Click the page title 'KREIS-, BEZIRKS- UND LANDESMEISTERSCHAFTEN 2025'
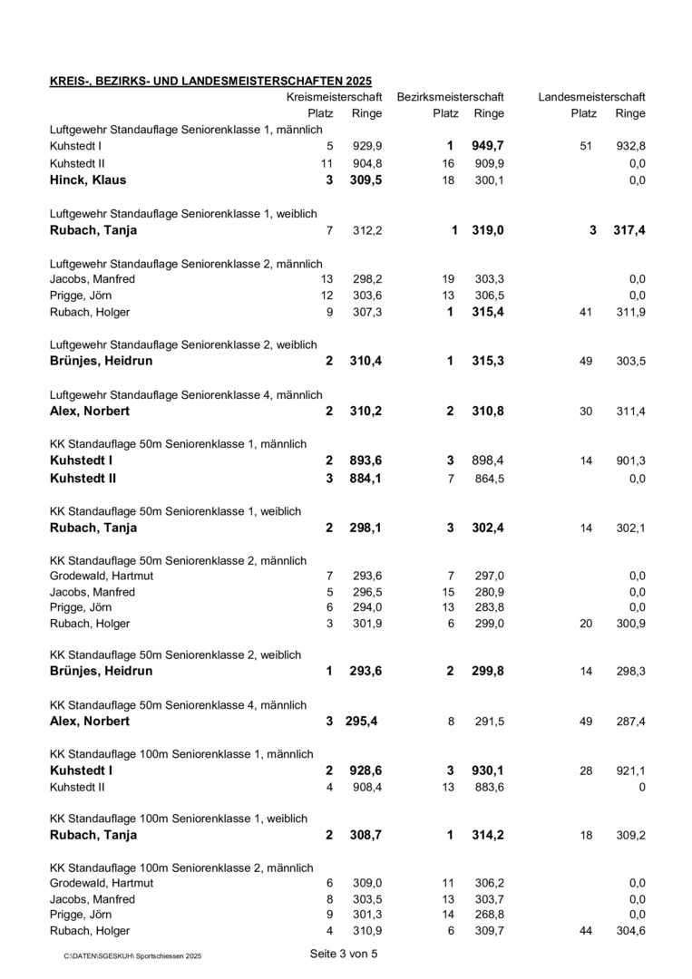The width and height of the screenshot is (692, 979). tap(210, 82)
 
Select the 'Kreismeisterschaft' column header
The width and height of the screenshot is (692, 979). tap(334, 97)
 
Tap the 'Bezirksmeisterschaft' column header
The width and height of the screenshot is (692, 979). tap(450, 97)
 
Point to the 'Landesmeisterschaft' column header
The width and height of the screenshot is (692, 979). tap(591, 97)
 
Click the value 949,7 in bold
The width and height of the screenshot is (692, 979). tap(488, 146)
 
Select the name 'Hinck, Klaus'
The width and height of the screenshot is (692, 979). tap(87, 179)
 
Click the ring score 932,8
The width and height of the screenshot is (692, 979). tap(630, 146)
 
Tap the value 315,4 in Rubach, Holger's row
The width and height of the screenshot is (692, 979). tap(488, 312)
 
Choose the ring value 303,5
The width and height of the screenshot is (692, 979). tap(630, 361)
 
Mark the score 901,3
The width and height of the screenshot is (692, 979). tap(630, 461)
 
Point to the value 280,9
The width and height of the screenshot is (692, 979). tap(489, 592)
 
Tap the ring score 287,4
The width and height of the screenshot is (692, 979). tap(630, 722)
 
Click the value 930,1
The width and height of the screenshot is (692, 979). tap(488, 771)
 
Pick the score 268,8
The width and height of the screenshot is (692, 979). tap(489, 915)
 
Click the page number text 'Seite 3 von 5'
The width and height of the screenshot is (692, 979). tap(344, 954)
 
